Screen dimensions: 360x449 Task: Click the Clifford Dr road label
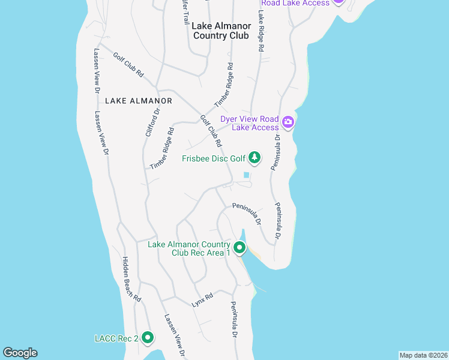point(153,122)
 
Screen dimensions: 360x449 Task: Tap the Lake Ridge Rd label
point(262,31)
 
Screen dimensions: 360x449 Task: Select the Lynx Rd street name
point(203,300)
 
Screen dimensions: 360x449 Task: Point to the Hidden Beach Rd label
point(131,279)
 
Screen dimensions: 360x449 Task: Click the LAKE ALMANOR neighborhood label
point(139,101)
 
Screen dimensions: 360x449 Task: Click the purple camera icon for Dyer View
point(288,122)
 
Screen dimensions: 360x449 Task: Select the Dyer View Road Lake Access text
point(250,123)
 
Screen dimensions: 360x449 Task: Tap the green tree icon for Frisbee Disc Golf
point(255,158)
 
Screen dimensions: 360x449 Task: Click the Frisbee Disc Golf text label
point(214,158)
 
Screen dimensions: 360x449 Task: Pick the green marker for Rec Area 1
point(240,248)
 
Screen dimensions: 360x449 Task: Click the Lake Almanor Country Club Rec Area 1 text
point(190,249)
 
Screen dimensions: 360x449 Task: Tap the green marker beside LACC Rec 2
point(148,338)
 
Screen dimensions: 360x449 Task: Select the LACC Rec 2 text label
point(116,338)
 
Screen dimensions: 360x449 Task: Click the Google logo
point(20,353)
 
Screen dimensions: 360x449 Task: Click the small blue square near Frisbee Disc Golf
point(246,175)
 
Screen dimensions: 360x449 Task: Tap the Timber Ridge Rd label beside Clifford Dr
point(162,148)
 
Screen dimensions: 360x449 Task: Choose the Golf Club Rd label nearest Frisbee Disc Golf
point(211,131)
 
